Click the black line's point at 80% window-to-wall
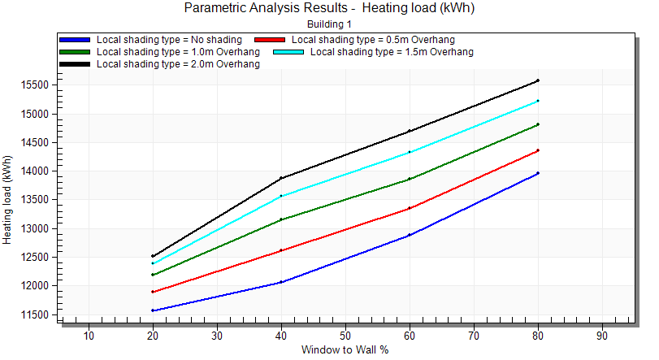(538, 80)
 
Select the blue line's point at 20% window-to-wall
(153, 310)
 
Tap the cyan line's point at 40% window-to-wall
(281, 196)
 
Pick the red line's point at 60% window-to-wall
(410, 208)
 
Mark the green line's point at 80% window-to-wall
(538, 124)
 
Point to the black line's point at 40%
(281, 178)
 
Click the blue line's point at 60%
(410, 236)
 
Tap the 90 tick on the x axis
(602, 335)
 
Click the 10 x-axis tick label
(89, 335)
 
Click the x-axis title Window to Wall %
(345, 350)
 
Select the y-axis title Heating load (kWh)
(8, 200)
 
